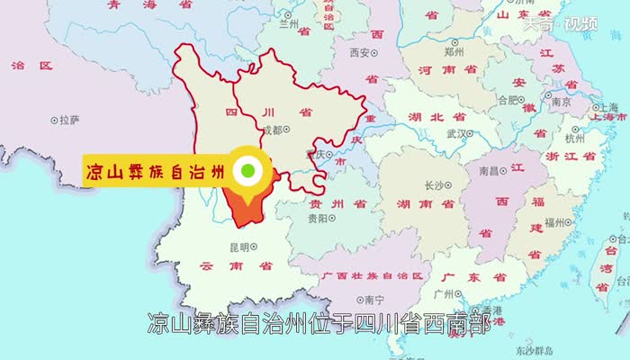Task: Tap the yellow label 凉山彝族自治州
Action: coord(153,170)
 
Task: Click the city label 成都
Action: coord(271,130)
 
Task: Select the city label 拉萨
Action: coord(69,119)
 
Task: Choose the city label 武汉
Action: coord(456,134)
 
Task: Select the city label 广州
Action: coord(443,293)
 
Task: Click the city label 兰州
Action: coord(289,24)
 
